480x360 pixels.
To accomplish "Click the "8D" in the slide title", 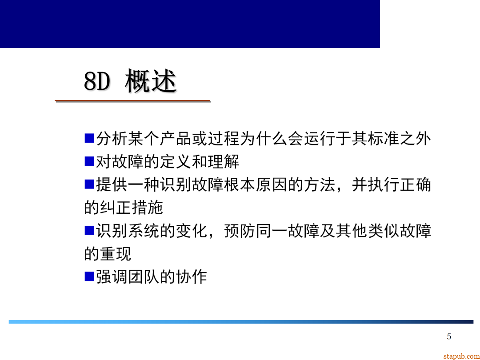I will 97,82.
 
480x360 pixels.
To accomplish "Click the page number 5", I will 449,336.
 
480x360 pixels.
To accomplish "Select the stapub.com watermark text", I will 461,356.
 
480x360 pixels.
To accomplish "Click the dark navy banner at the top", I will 190,24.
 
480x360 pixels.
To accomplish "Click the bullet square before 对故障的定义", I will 89,161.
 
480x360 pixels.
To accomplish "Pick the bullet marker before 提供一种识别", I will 89,184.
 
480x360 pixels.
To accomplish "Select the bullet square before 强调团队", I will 89,276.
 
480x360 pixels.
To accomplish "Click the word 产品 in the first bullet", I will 176,139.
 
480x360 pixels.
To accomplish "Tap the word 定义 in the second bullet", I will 176,162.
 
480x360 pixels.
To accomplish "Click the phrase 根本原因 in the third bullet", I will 256,185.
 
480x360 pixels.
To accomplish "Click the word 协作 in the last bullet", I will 192,277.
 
